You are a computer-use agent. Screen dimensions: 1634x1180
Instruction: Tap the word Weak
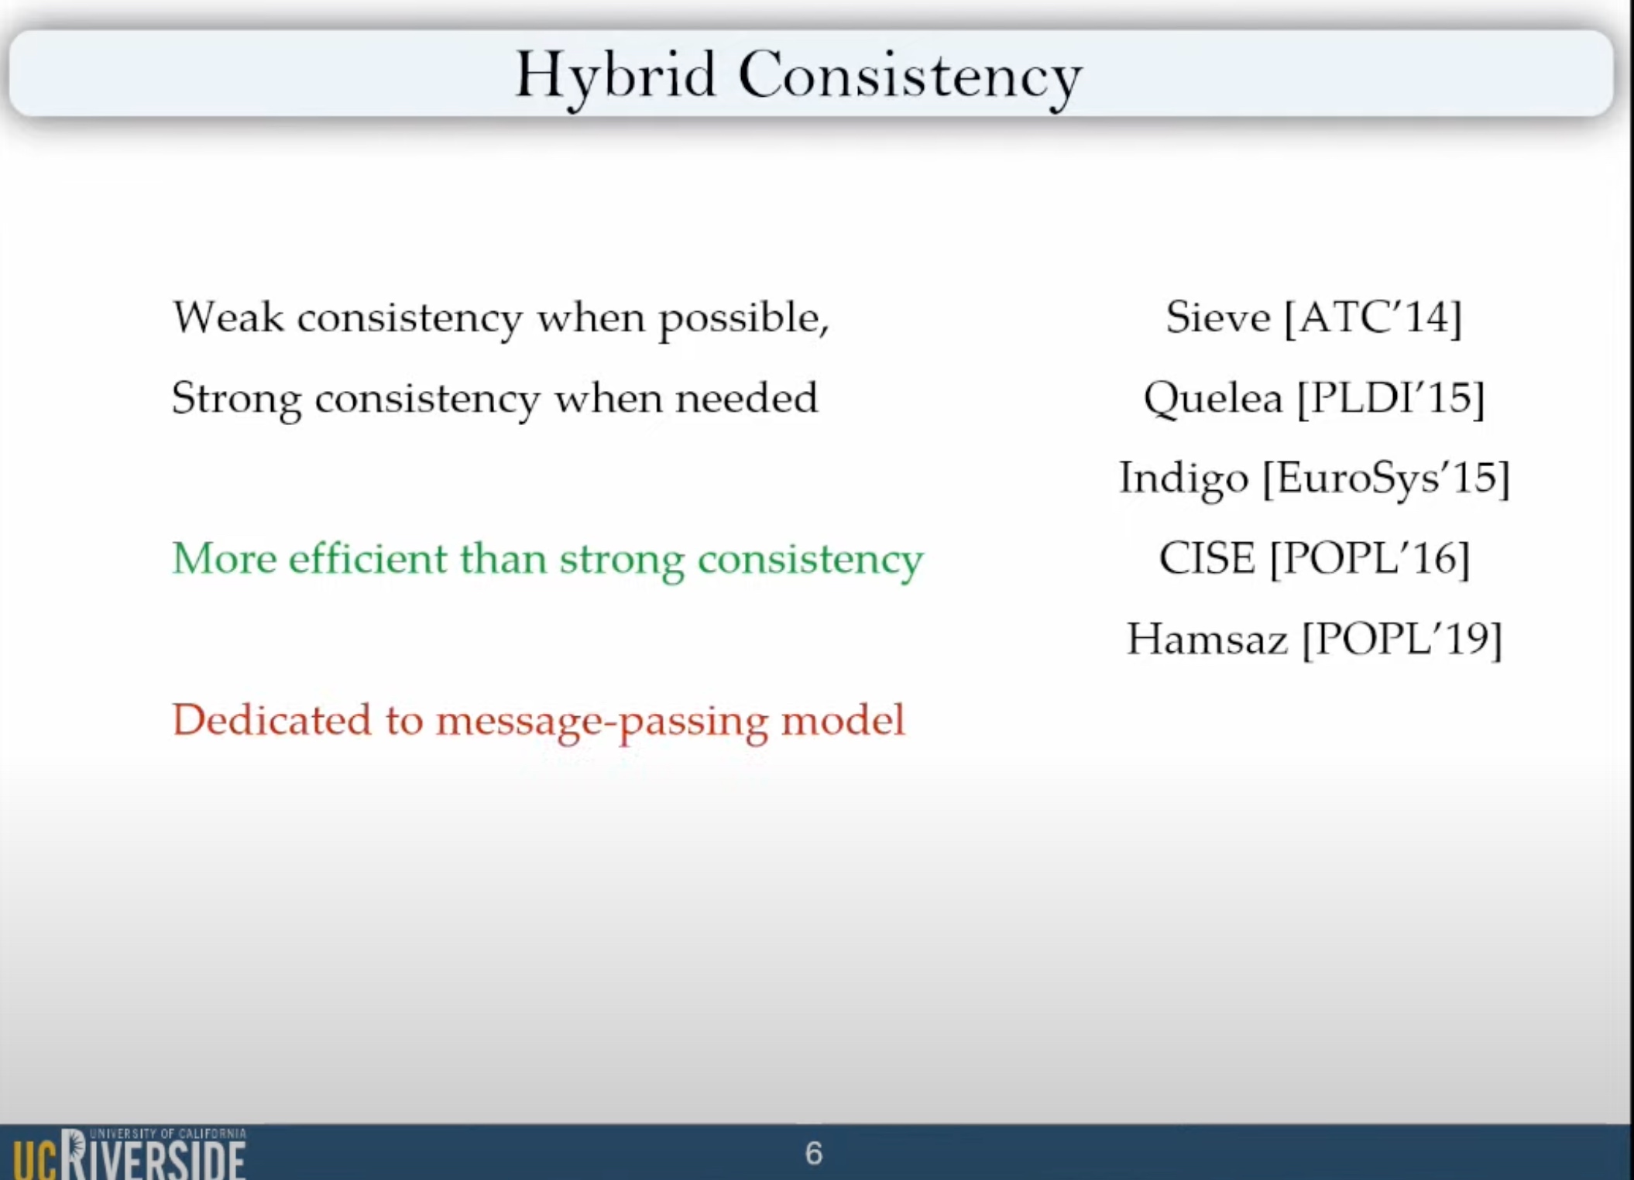[x=228, y=317]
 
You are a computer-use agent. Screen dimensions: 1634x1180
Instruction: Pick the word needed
[x=747, y=398]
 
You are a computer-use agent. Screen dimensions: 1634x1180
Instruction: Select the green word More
[x=225, y=558]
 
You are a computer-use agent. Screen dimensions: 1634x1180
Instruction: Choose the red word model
[x=843, y=719]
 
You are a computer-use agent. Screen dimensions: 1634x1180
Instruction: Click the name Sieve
[x=1218, y=317]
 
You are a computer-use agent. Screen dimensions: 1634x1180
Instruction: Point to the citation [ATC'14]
[x=1373, y=318]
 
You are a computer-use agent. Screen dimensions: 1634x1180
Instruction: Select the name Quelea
[x=1213, y=399]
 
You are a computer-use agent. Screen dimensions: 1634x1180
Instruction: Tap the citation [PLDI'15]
[x=1391, y=399]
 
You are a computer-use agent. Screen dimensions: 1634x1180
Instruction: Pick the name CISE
[x=1207, y=558]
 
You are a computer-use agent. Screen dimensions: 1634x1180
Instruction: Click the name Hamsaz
[x=1207, y=639]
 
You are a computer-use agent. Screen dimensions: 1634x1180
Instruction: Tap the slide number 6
[x=813, y=1154]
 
